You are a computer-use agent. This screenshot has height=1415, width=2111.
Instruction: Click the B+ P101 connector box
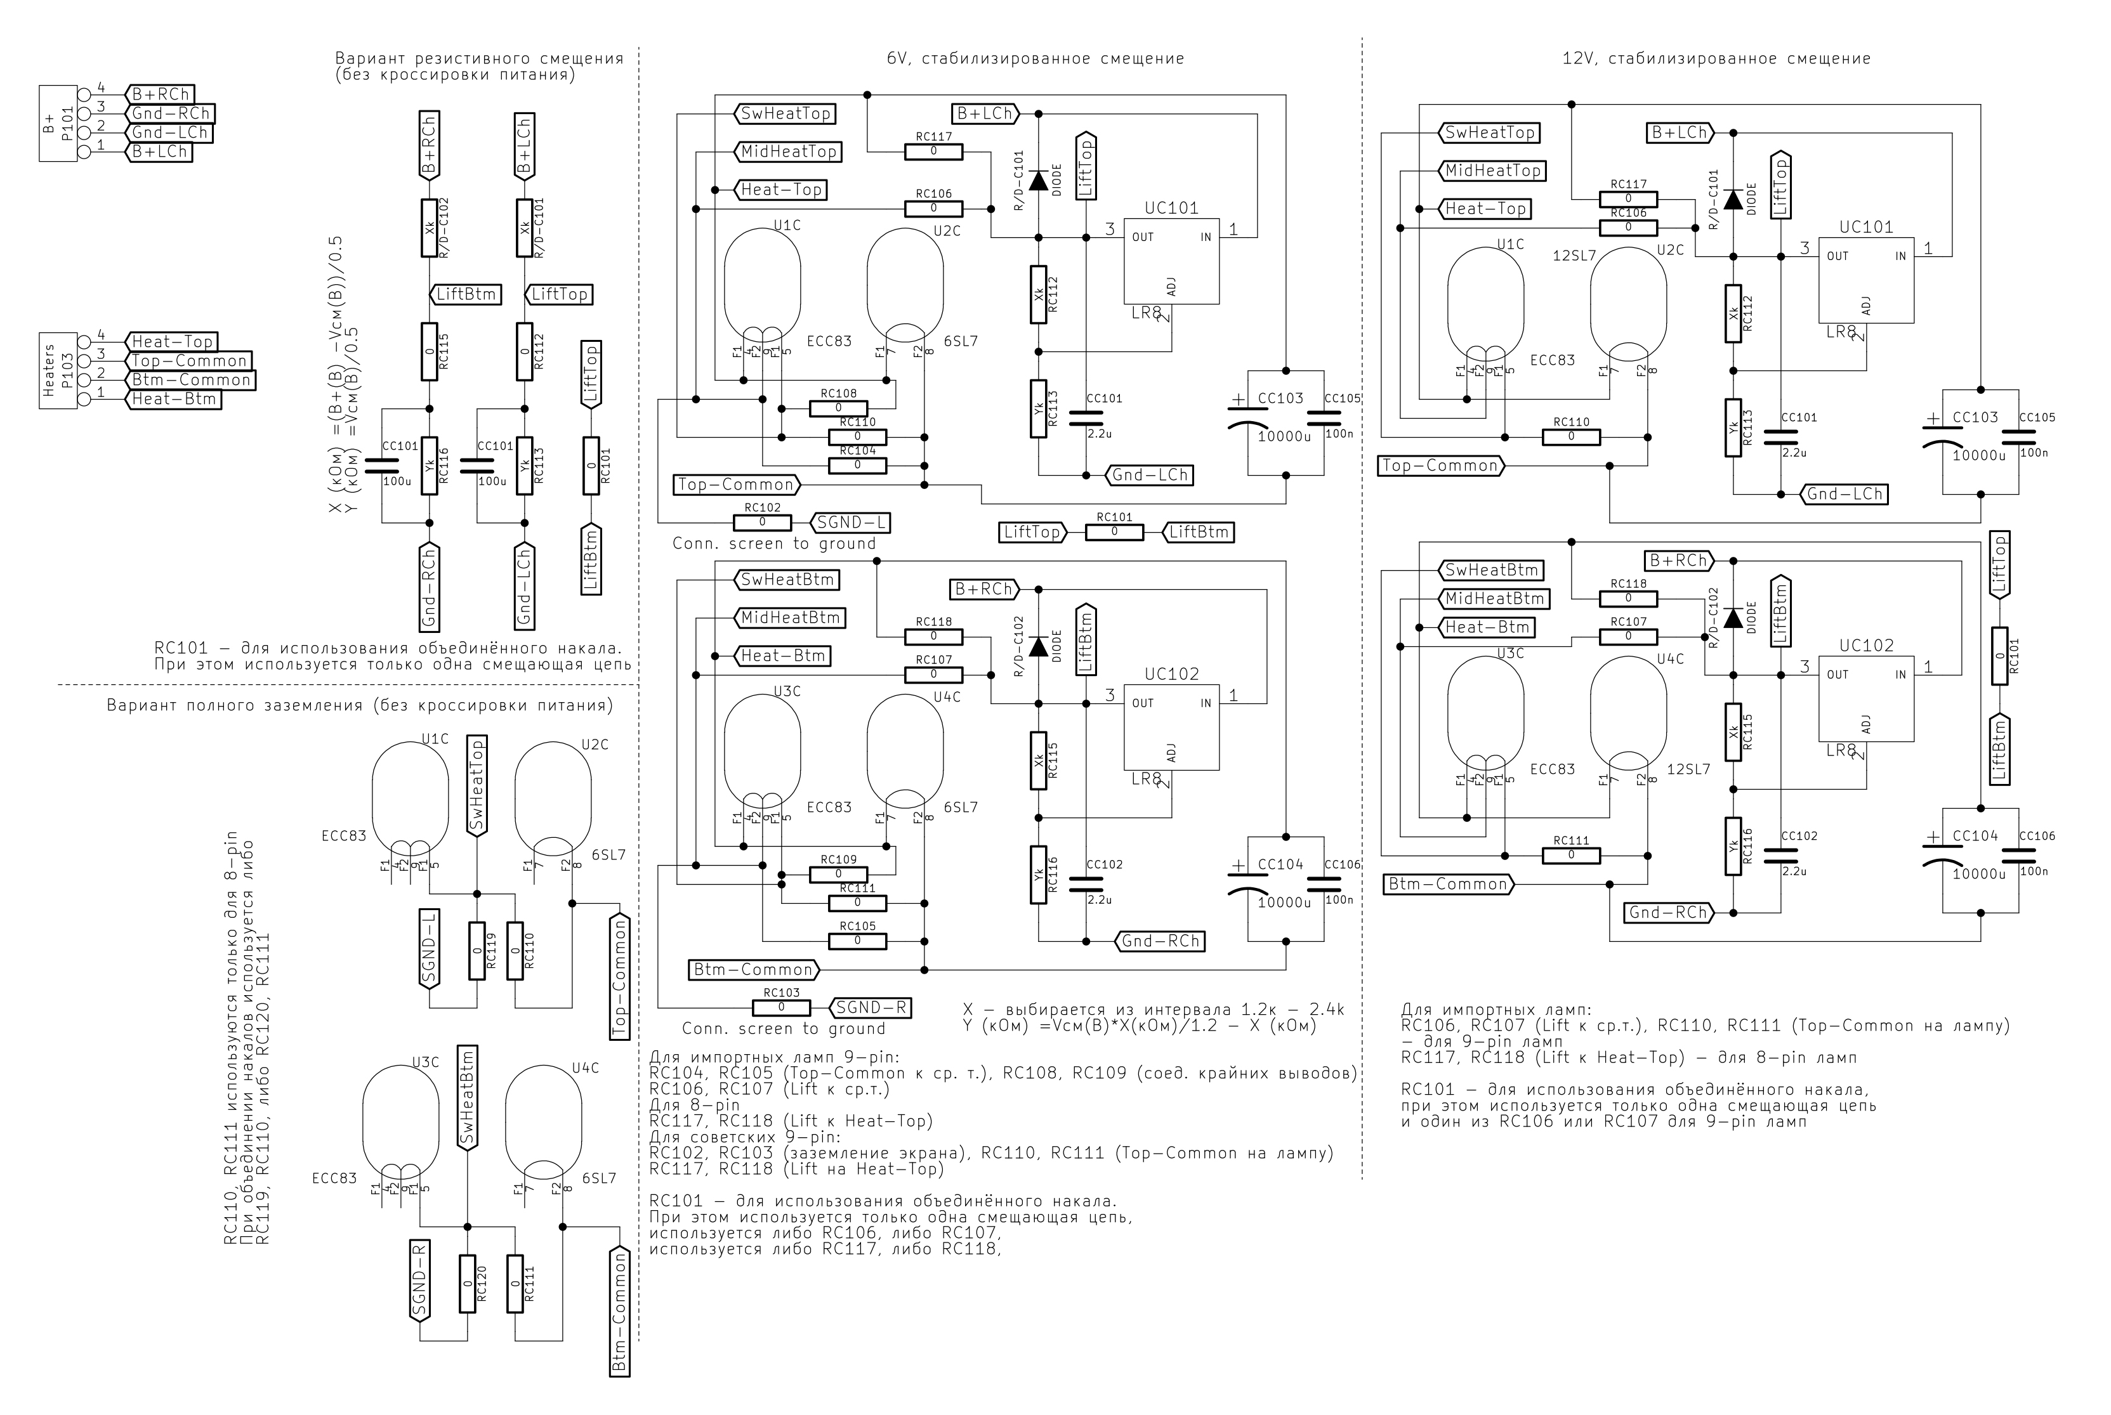58,124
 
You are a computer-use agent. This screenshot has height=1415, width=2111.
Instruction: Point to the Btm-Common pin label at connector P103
190,380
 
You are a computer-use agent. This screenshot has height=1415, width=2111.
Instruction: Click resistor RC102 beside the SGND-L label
762,523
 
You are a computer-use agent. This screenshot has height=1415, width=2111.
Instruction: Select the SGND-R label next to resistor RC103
870,1007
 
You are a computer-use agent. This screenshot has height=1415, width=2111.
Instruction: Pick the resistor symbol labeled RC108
838,408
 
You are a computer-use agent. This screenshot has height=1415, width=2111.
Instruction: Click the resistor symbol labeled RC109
838,875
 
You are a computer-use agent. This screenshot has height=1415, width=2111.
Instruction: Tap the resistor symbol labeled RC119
477,950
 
